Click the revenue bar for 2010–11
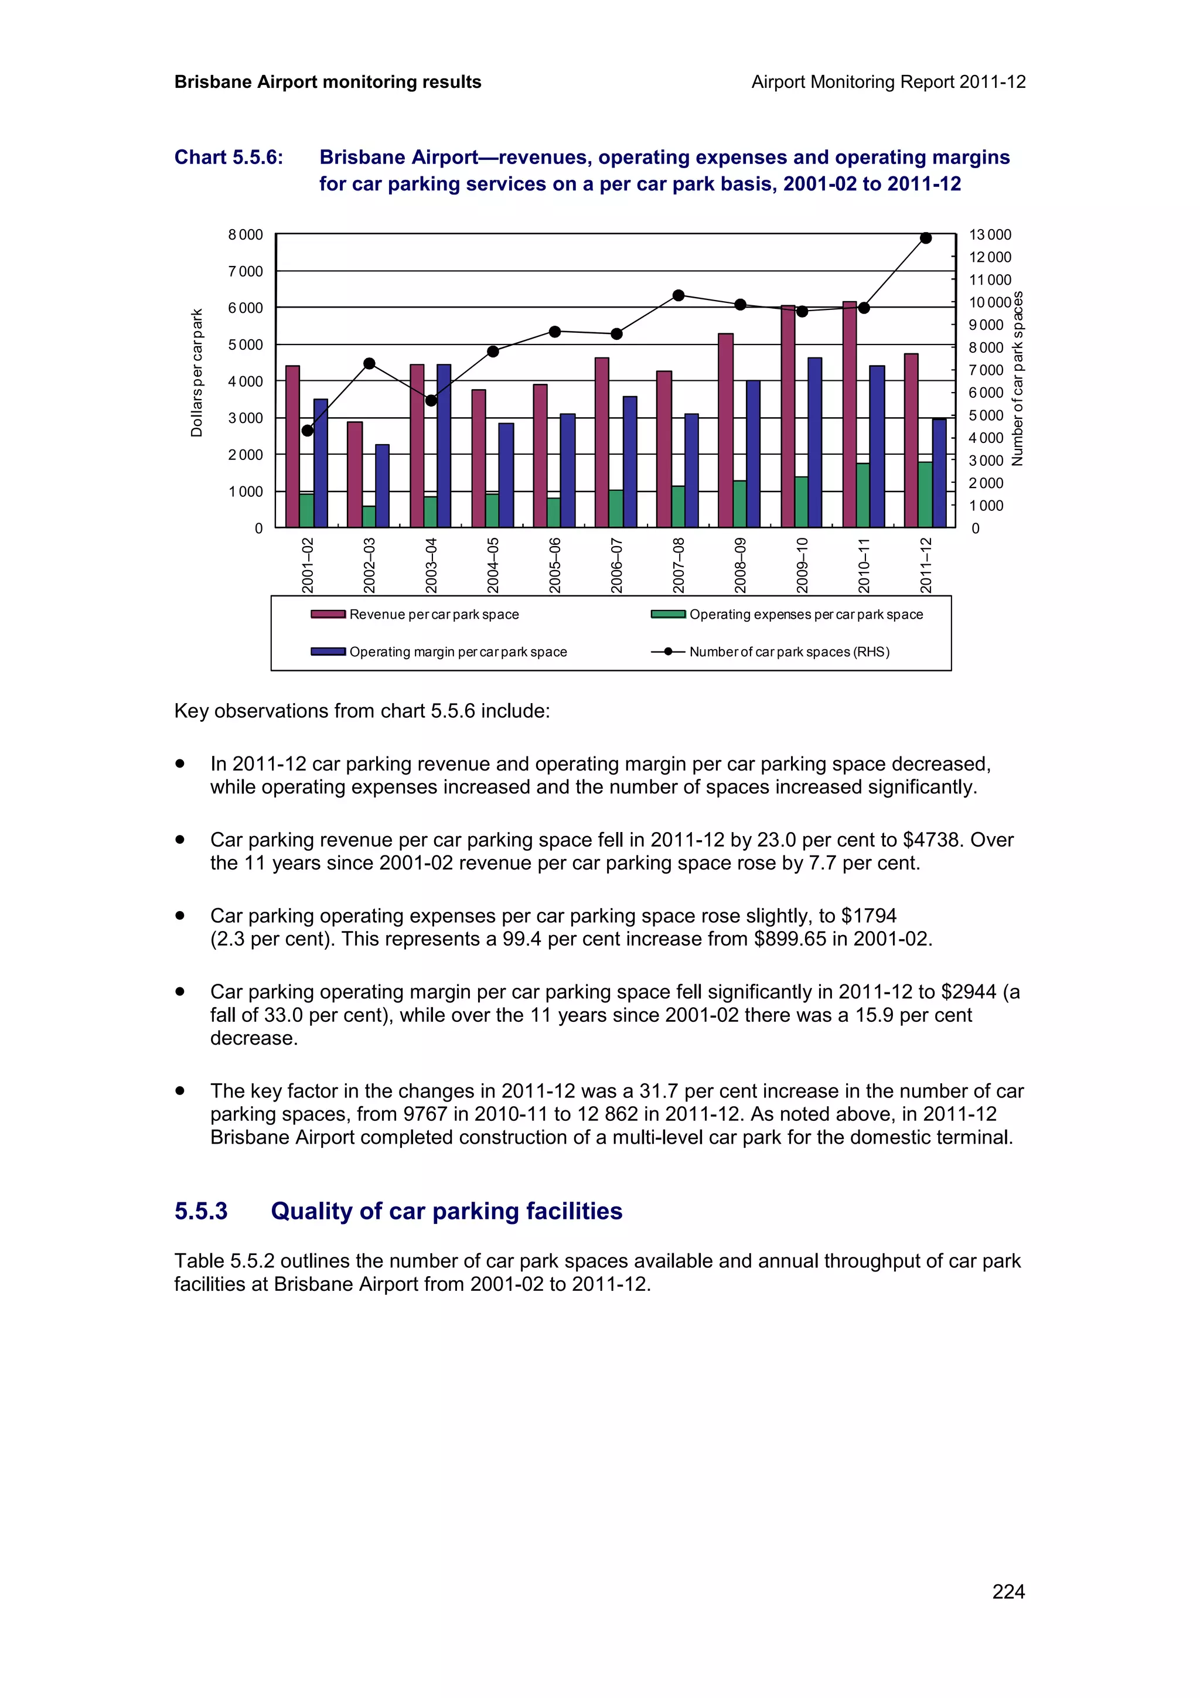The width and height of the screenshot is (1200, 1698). coord(850,414)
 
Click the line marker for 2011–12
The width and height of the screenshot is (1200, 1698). coord(926,238)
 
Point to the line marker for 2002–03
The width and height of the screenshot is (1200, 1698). coord(370,364)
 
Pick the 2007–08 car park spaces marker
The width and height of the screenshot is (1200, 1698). coord(679,295)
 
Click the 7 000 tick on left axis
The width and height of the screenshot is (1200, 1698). coord(246,271)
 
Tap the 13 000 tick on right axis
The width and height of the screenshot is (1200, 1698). coord(990,234)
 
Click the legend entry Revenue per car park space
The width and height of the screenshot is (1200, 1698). coord(434,615)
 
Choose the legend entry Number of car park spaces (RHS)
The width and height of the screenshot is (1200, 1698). coord(789,652)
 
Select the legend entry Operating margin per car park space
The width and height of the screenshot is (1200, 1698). coord(458,652)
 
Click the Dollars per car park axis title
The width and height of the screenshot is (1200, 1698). coord(197,373)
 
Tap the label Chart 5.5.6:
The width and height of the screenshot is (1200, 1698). coord(229,158)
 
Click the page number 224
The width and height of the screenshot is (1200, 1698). coord(1008,1591)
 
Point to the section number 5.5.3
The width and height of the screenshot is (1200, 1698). coord(201,1211)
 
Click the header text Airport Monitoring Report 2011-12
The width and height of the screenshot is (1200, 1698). coord(888,82)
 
